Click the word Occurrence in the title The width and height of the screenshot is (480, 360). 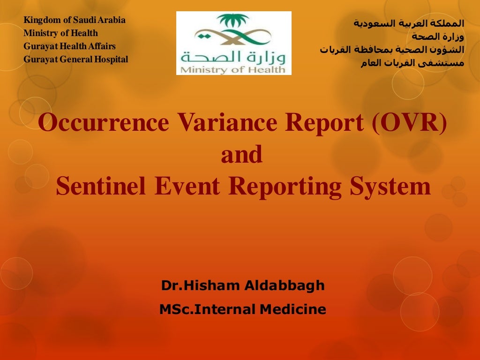tap(104, 123)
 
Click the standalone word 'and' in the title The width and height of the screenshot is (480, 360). tap(241, 155)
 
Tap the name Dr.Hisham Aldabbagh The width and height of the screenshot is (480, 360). tap(243, 285)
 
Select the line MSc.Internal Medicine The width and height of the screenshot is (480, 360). tap(242, 309)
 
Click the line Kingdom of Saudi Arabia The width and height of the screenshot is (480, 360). tap(75, 20)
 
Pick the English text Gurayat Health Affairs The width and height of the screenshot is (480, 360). tap(70, 46)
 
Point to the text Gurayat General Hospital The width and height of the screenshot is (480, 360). tap(76, 60)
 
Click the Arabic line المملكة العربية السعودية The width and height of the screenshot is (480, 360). tap(408, 23)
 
